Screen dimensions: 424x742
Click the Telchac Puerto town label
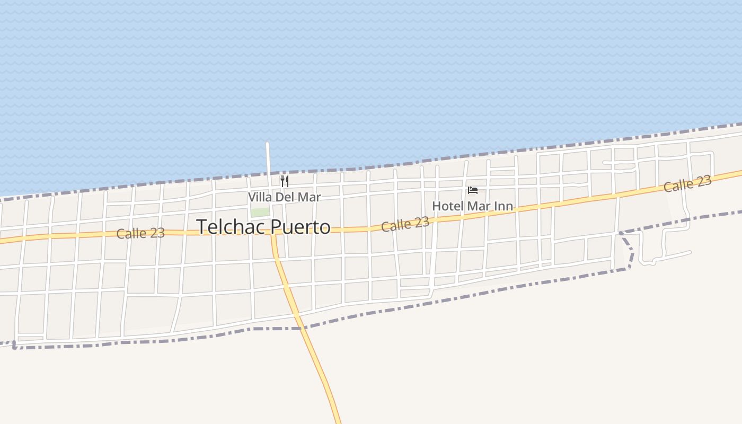click(263, 227)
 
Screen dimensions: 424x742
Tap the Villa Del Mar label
click(285, 197)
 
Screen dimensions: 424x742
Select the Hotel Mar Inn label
click(472, 206)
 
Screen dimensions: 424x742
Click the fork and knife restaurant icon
click(285, 181)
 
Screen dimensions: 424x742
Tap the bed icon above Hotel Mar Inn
click(473, 190)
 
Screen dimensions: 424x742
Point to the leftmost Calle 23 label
click(140, 233)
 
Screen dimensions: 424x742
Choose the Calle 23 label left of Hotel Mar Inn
click(405, 224)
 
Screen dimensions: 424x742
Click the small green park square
click(260, 213)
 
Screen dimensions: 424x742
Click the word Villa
click(260, 197)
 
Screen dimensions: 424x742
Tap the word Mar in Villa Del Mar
click(309, 197)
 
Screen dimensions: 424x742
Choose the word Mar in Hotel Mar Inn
click(479, 206)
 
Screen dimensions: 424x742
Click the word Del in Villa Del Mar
click(285, 197)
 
